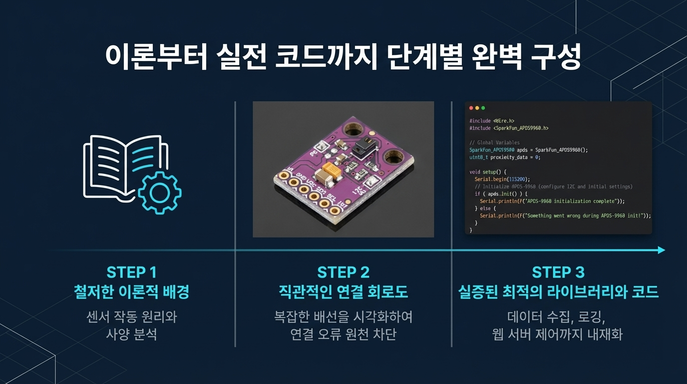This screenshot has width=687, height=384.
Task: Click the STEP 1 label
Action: click(131, 272)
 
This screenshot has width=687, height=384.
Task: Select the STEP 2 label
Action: click(343, 272)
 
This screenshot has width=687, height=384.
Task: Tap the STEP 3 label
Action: click(558, 272)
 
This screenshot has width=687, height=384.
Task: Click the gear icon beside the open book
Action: click(160, 192)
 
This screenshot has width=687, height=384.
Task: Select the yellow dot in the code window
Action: click(477, 108)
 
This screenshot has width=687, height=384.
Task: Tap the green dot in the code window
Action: click(483, 108)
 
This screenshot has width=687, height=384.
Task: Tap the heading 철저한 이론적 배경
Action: click(131, 292)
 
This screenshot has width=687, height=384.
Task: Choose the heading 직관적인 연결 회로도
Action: click(343, 292)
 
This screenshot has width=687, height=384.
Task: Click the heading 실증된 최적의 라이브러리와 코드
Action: click(558, 292)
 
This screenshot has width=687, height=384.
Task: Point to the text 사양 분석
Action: click(131, 334)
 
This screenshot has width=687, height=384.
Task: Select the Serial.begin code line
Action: click(502, 179)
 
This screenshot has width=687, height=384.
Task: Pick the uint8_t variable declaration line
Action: click(505, 157)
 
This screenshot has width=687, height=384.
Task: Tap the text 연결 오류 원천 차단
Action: click(343, 334)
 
